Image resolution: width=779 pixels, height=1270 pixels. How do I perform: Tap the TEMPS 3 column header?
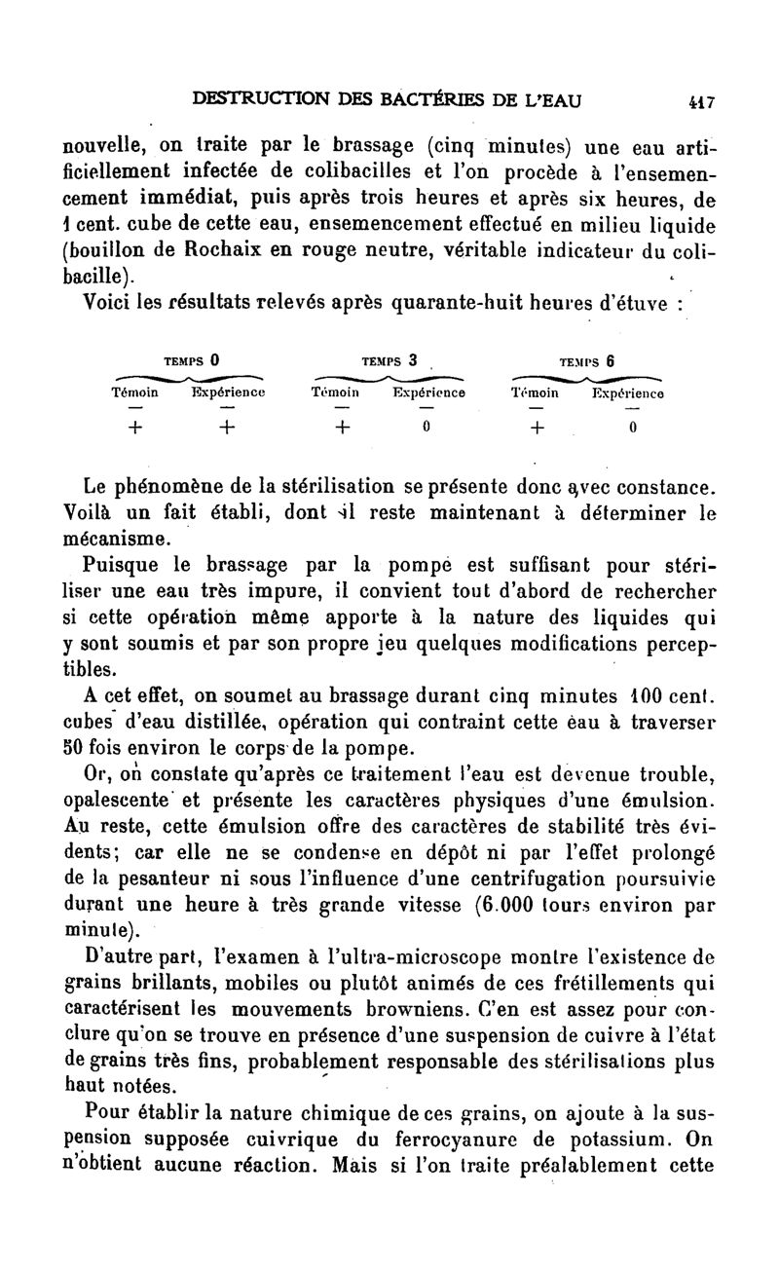tap(389, 359)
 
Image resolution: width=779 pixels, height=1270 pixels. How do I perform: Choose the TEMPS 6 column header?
tap(587, 359)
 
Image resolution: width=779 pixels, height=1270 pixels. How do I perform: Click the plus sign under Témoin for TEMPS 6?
tap(538, 427)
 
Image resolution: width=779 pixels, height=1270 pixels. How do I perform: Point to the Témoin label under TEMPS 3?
tap(335, 393)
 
